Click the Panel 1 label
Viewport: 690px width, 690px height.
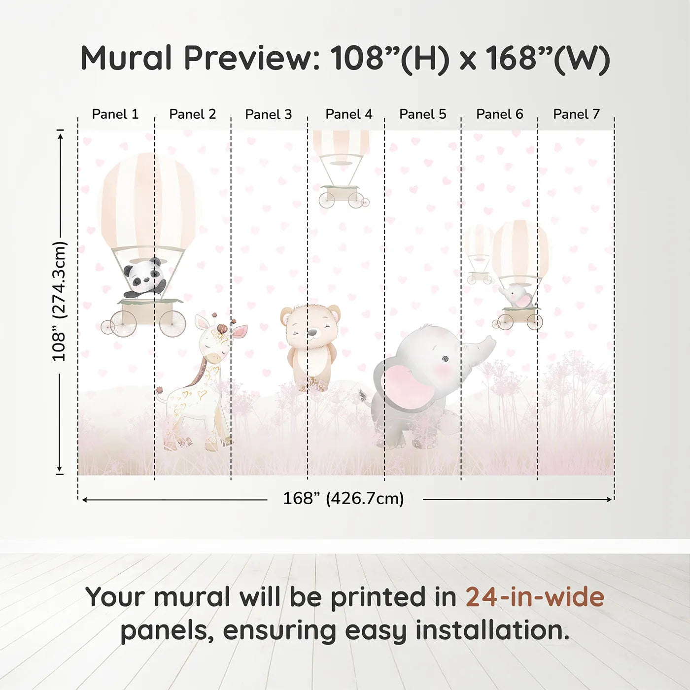coord(115,114)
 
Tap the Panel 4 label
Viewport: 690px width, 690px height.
coord(349,114)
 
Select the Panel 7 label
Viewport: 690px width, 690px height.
coord(576,114)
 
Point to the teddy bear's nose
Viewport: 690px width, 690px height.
coord(312,333)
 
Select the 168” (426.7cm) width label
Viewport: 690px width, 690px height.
coord(344,499)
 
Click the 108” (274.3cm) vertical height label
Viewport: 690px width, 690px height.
coord(59,301)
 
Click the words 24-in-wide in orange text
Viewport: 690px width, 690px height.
coord(535,597)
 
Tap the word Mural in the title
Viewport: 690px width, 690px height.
coord(126,58)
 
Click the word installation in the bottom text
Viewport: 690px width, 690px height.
coord(492,630)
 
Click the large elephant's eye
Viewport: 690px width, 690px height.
coord(445,359)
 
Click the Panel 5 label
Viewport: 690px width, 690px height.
coord(423,114)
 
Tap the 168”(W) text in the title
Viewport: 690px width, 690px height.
coord(548,58)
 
